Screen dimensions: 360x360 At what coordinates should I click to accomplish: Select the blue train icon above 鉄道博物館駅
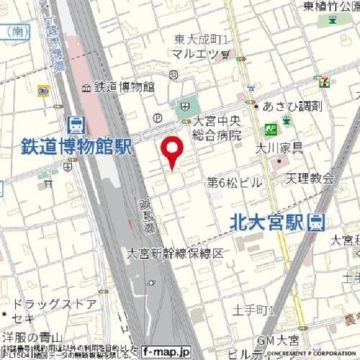pyautogui.click(x=76, y=124)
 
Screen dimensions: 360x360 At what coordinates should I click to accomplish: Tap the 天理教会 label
pyautogui.click(x=310, y=178)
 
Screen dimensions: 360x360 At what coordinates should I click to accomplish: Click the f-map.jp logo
pyautogui.click(x=166, y=350)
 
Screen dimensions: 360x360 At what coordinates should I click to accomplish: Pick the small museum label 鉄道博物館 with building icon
pyautogui.click(x=120, y=86)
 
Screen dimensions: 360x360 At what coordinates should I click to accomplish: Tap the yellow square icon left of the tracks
pyautogui.click(x=43, y=91)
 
